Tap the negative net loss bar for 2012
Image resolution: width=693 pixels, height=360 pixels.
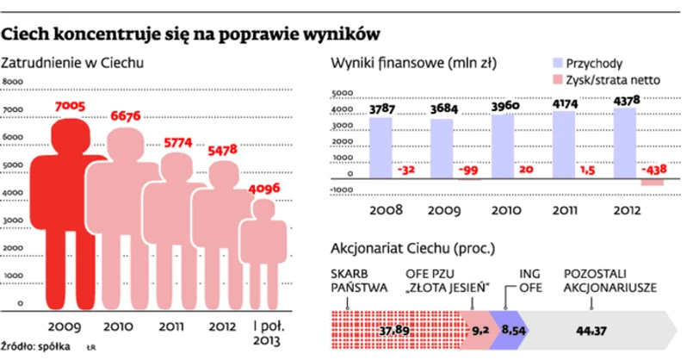tap(653, 182)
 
